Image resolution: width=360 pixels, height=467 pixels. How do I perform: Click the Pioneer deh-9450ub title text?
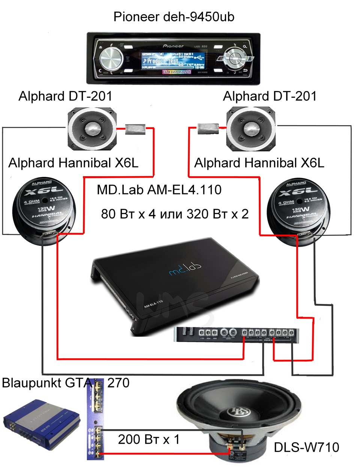tap(174, 17)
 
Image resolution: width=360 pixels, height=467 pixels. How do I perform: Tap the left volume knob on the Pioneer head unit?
tap(111, 58)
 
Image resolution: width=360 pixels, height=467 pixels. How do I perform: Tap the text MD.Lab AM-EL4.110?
tap(159, 190)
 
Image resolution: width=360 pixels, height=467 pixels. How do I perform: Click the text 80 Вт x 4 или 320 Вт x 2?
tap(175, 214)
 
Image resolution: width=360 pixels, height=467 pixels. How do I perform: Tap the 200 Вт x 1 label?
tap(149, 439)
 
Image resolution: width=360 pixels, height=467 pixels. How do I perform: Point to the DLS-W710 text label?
tap(306, 447)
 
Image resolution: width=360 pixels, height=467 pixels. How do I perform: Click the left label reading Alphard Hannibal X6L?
tap(73, 163)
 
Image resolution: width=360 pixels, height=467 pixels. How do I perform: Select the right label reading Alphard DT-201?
tap(270, 96)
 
